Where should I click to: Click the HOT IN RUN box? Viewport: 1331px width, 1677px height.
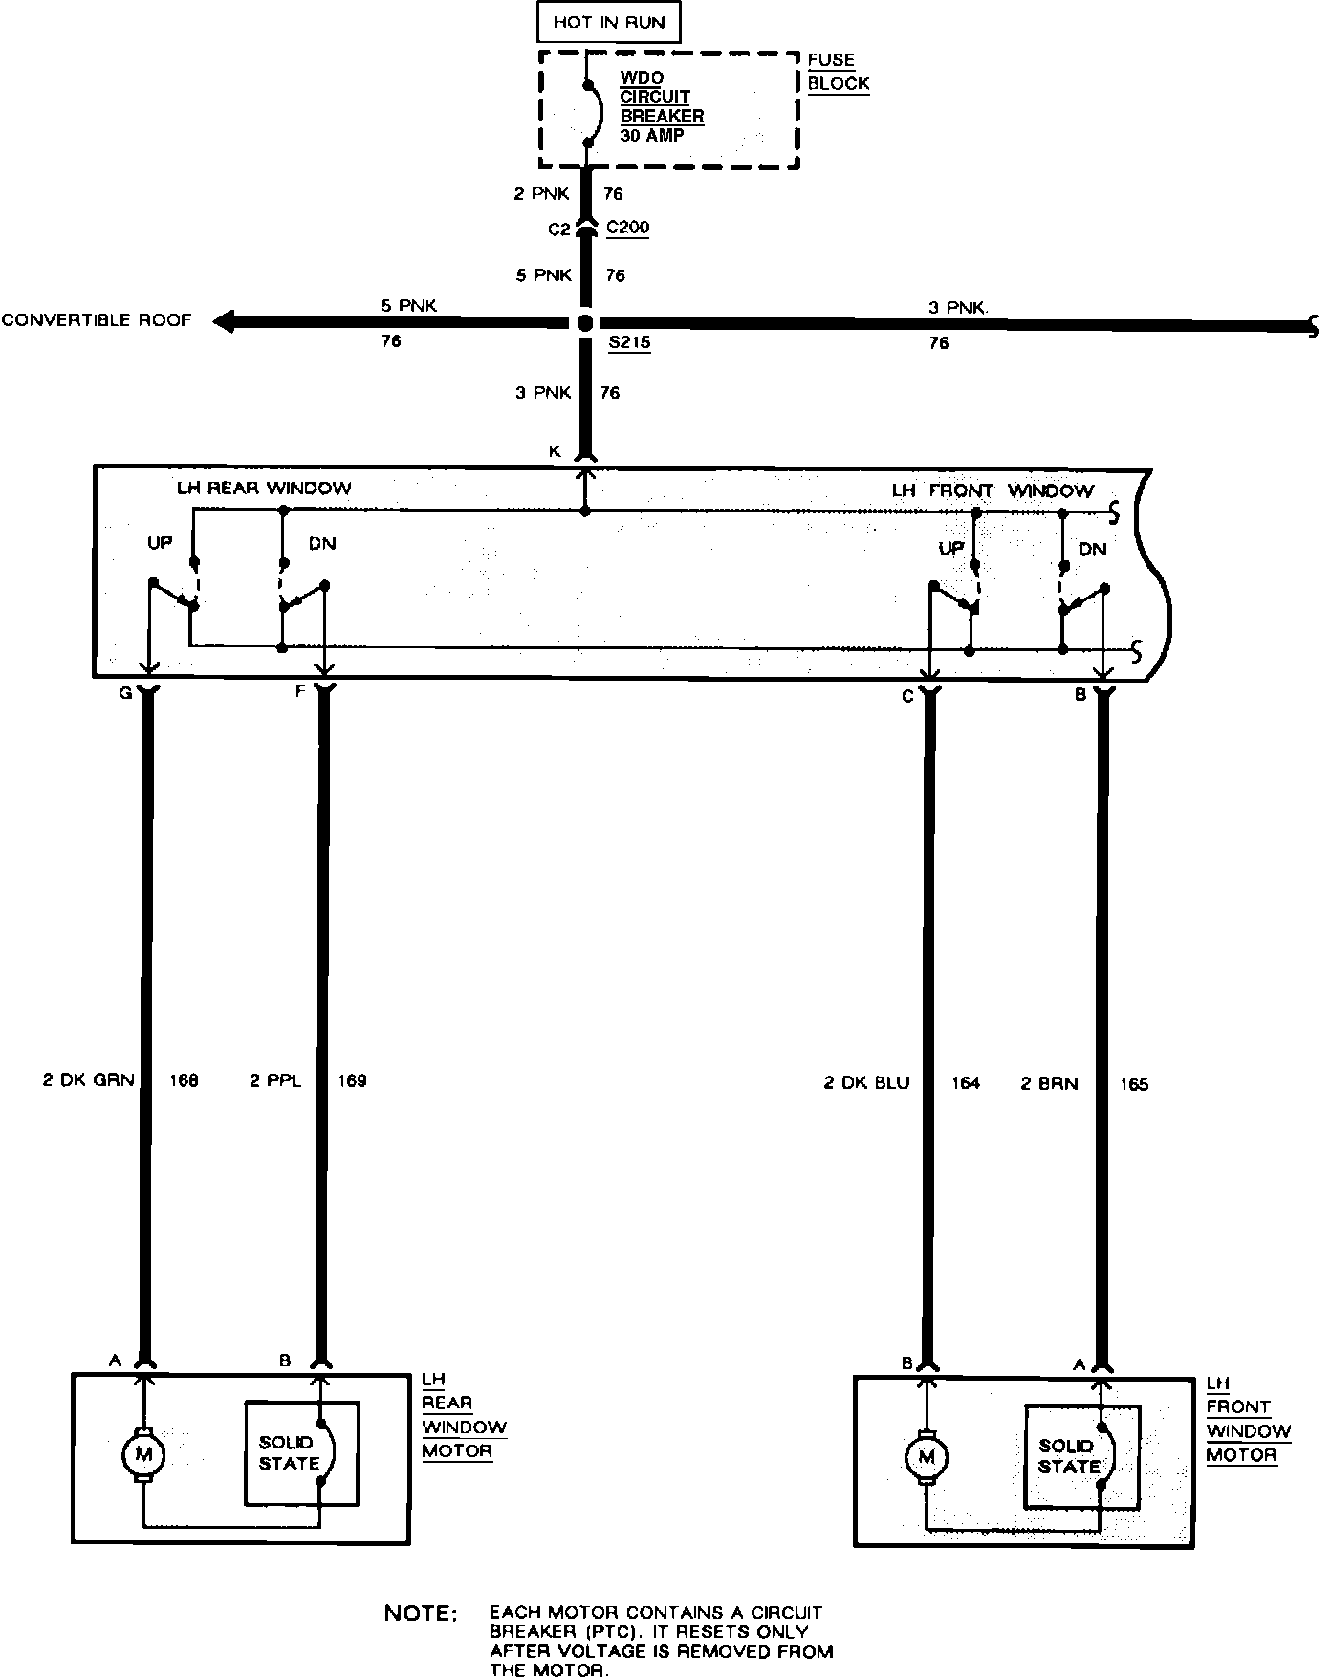click(608, 22)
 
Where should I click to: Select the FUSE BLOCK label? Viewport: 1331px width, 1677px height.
click(838, 72)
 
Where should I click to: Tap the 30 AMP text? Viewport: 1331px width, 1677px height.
click(651, 136)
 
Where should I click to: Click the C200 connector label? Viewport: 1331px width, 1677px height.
click(627, 229)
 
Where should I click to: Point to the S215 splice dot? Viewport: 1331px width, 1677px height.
click(586, 323)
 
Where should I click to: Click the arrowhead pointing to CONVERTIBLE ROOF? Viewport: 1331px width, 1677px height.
click(224, 322)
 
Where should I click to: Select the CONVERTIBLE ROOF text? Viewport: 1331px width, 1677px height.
click(97, 320)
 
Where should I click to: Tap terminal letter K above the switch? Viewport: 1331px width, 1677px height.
click(555, 451)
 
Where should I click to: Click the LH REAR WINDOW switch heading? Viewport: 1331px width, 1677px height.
click(264, 489)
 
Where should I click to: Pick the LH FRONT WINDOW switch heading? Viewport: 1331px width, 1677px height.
click(992, 490)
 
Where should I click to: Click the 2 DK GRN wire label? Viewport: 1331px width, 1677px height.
click(89, 1080)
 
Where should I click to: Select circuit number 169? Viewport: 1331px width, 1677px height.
click(352, 1080)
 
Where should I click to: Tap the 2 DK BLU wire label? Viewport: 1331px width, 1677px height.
click(866, 1083)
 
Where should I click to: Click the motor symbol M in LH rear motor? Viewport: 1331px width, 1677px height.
click(143, 1455)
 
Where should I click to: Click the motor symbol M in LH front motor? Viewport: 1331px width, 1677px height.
click(925, 1457)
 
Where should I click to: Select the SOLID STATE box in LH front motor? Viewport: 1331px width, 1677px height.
click(1081, 1456)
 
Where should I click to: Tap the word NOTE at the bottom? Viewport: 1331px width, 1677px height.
click(421, 1613)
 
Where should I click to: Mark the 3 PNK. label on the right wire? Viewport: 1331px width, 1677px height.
click(959, 308)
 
